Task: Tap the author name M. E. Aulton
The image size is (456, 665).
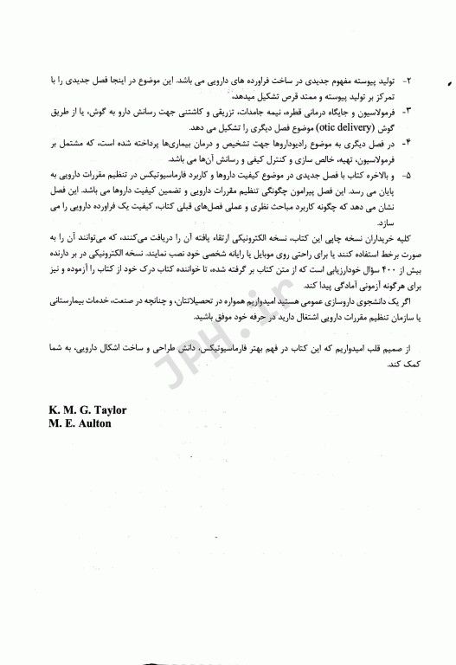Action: click(75, 424)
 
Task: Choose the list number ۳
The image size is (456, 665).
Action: click(408, 112)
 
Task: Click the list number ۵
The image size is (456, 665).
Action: click(408, 172)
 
